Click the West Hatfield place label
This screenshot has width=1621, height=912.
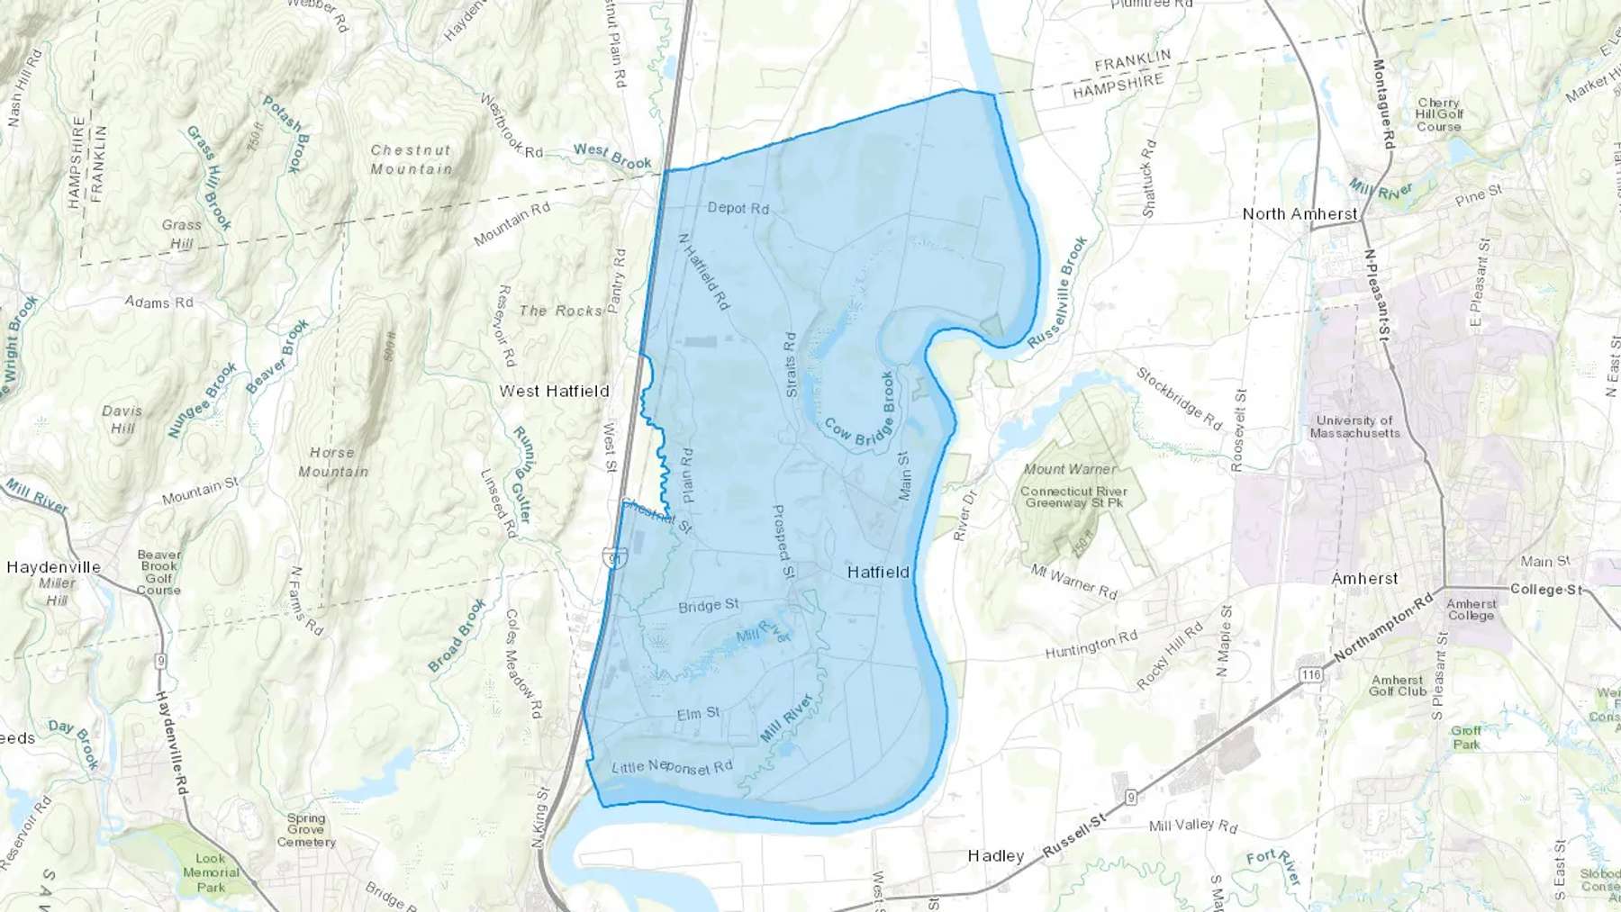click(555, 391)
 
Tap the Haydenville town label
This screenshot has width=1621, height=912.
click(53, 567)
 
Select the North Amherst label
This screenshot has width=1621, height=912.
click(1300, 213)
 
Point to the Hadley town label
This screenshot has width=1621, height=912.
click(995, 855)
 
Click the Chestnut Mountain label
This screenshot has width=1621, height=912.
click(411, 159)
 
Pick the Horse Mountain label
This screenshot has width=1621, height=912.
click(332, 462)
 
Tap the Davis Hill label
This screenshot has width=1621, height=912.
click(122, 419)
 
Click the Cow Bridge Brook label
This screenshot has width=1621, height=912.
click(862, 411)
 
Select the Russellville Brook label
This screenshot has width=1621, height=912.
click(1057, 293)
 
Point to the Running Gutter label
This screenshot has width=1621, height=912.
click(522, 474)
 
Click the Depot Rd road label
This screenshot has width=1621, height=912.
click(738, 208)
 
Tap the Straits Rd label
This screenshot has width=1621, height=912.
click(790, 365)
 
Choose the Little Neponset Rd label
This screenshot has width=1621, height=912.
click(672, 766)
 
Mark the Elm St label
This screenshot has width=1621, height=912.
click(698, 714)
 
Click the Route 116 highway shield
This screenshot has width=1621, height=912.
click(1310, 674)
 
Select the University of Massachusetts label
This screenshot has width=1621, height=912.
click(1354, 427)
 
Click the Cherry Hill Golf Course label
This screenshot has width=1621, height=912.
click(1438, 114)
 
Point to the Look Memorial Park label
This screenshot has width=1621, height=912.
click(211, 872)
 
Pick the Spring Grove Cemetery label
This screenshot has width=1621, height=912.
click(306, 830)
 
